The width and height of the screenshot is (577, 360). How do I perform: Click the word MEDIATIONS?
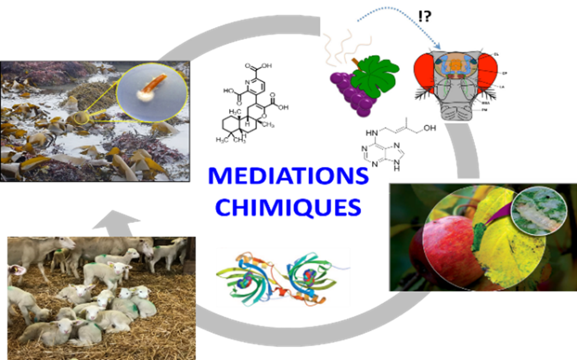click(288, 176)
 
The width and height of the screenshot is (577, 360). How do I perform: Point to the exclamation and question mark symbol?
click(424, 17)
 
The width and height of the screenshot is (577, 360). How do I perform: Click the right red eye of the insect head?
click(487, 73)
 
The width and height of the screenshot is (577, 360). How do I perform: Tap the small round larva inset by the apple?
click(534, 213)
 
